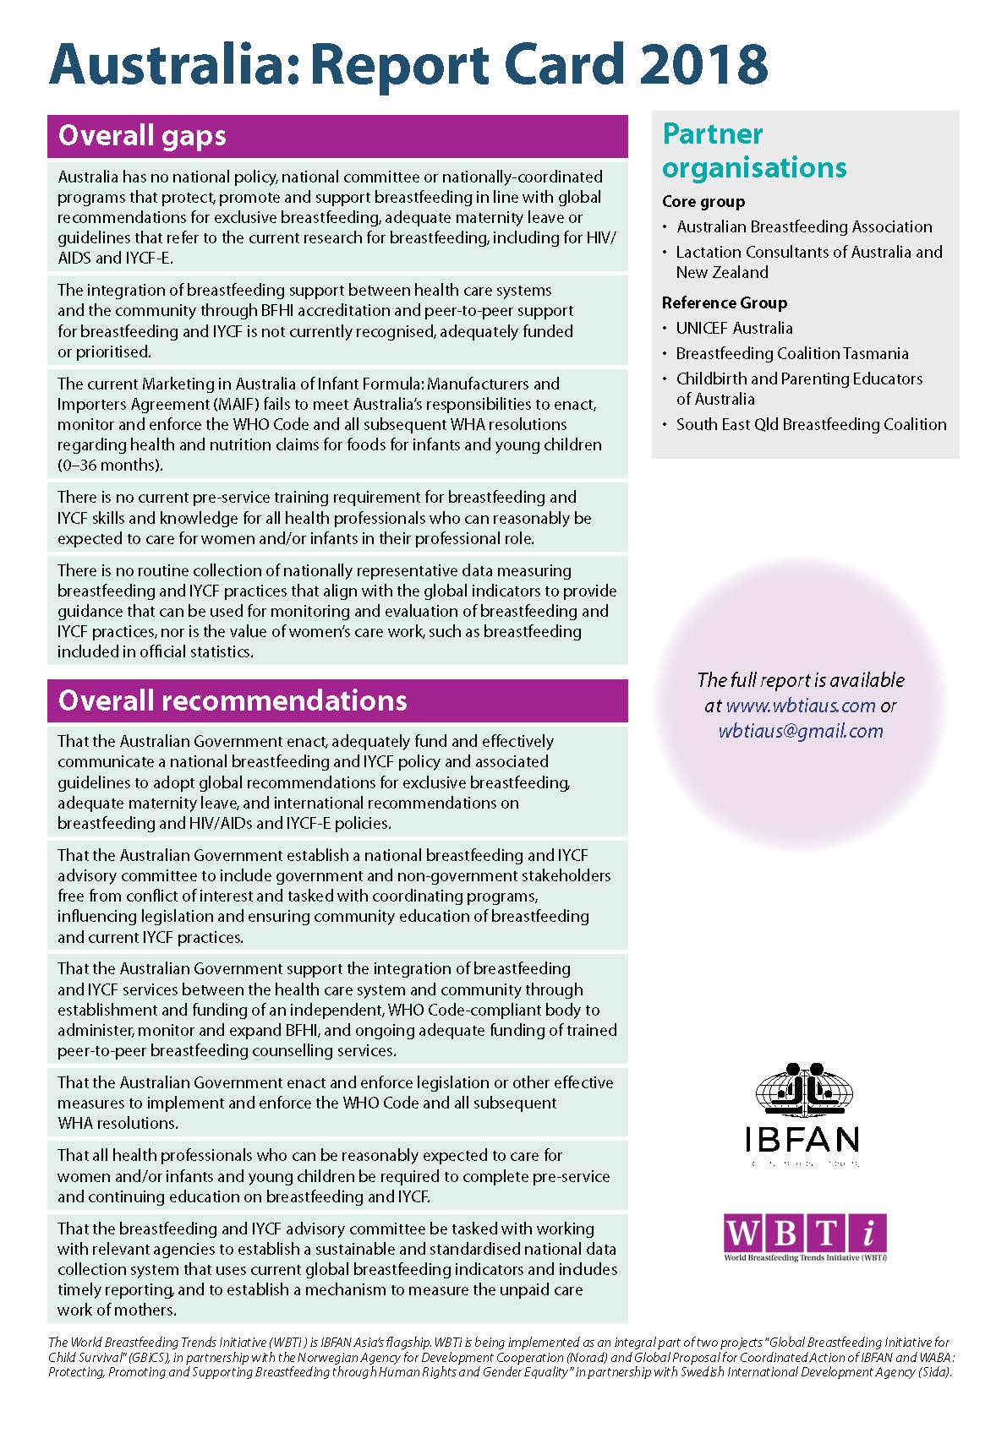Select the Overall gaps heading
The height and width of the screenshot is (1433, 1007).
[142, 136]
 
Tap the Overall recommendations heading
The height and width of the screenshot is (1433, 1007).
[233, 700]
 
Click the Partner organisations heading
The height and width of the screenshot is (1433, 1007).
[754, 150]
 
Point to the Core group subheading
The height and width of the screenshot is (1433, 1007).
[703, 202]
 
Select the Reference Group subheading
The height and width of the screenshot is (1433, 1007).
[725, 303]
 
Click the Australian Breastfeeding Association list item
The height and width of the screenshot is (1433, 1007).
[804, 227]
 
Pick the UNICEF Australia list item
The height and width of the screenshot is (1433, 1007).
[734, 329]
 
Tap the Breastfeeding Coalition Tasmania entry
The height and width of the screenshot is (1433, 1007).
[792, 354]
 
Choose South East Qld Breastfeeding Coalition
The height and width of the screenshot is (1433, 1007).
[811, 425]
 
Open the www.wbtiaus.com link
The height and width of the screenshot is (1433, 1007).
[801, 706]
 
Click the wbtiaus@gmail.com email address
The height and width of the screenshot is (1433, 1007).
[801, 732]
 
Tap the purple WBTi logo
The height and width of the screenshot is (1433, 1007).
[805, 1234]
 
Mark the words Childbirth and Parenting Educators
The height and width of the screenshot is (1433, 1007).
[799, 379]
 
